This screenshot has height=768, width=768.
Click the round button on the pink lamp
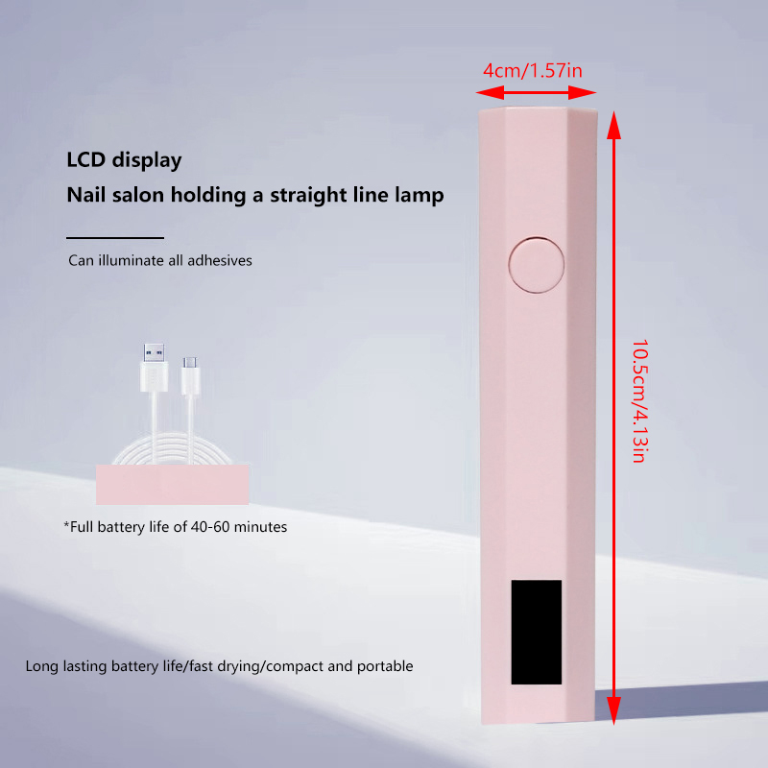coord(537,265)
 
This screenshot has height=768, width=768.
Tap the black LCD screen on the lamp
coord(537,632)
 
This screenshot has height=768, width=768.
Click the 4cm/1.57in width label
coord(533,71)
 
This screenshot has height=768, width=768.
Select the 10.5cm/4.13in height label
coord(639,400)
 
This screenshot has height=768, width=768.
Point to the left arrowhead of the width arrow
coord(490,92)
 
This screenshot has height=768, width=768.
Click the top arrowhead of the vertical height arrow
coord(613,125)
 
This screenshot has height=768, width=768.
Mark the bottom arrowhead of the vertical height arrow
coord(613,710)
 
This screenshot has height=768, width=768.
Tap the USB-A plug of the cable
coord(154,368)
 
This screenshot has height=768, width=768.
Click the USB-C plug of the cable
coord(190,375)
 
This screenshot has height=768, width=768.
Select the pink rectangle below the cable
coord(173,485)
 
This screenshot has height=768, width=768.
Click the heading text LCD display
coord(124,160)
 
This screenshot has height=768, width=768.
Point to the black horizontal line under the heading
coord(115,238)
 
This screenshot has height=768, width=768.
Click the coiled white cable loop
coord(172,448)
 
